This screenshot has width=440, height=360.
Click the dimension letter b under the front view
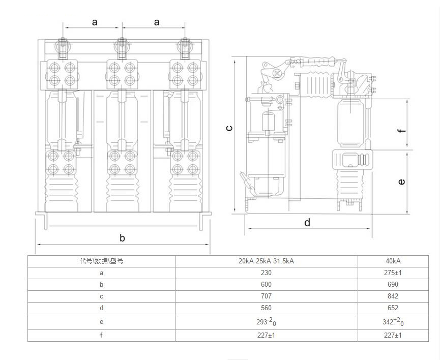tap(122, 237)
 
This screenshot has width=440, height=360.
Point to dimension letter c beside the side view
tap(229, 128)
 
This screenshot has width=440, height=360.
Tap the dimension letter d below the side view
tap(307, 222)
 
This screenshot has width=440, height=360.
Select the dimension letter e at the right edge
tap(402, 182)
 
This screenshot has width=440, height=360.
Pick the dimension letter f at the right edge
tap(402, 130)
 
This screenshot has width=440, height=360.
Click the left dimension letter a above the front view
tap(95, 22)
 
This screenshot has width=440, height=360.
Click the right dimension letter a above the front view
tap(157, 22)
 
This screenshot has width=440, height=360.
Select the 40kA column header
tap(393, 261)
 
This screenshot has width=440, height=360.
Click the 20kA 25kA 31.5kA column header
tap(266, 261)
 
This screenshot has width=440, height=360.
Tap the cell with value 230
tap(266, 273)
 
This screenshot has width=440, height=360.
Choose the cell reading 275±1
tap(393, 273)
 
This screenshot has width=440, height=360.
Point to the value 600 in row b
tap(266, 285)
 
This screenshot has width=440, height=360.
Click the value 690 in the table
tap(393, 285)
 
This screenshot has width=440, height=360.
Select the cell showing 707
tap(266, 296)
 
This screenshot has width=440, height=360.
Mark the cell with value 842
tap(393, 296)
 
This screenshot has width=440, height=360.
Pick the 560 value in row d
tap(266, 308)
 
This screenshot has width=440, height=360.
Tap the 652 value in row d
tap(393, 308)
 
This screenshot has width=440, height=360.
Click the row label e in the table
tap(101, 322)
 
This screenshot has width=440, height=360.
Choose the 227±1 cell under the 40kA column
tap(393, 335)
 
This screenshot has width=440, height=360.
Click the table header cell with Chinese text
tap(101, 261)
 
